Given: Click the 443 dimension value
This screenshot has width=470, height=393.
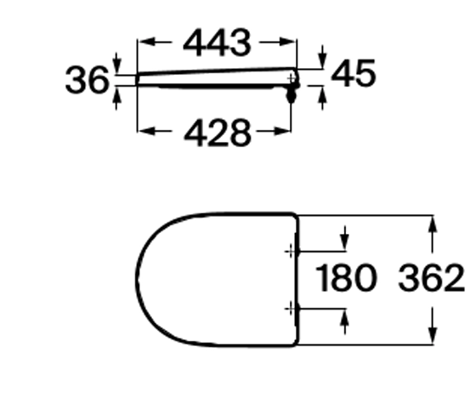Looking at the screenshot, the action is [x=217, y=43].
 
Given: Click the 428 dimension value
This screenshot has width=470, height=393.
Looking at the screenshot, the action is [x=217, y=132].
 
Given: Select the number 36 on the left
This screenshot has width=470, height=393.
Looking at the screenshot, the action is [x=87, y=80].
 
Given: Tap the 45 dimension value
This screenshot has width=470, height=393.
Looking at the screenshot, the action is [x=353, y=73].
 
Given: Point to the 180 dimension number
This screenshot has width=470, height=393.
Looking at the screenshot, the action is [x=345, y=278].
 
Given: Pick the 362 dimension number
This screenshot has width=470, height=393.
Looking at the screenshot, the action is [x=431, y=278].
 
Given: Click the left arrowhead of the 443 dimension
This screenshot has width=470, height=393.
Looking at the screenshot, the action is [x=147, y=42].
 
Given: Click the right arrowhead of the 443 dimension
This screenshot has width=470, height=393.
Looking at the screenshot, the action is [x=287, y=42].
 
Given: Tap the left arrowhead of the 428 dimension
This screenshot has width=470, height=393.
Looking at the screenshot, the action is [x=147, y=131].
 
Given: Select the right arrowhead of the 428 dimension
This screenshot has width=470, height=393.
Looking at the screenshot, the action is [x=282, y=131].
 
